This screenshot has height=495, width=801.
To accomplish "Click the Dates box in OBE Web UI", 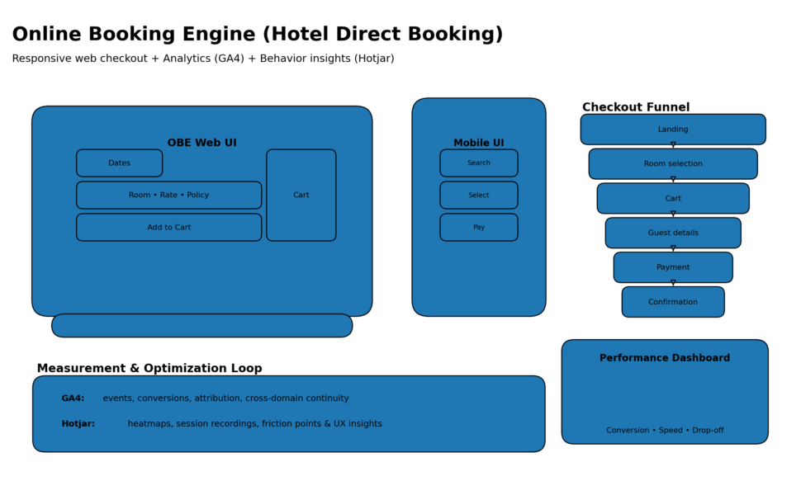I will [x=119, y=163].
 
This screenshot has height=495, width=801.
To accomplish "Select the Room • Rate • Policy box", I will [x=168, y=196].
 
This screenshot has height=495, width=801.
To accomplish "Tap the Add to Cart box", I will [x=168, y=228].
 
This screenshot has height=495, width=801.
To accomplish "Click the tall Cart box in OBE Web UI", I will [x=301, y=196].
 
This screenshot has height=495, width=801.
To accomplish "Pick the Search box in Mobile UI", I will [x=478, y=163].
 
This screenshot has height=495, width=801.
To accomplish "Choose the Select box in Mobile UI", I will [x=478, y=196].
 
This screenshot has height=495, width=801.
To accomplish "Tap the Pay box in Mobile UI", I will [x=478, y=228].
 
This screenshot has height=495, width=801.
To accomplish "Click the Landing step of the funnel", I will [x=672, y=130].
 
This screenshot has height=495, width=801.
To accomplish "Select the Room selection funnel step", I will [x=672, y=164].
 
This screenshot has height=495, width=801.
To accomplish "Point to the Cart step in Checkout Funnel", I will [x=672, y=199].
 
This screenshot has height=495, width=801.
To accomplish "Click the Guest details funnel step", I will [x=672, y=233].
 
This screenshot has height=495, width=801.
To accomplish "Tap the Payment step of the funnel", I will [x=672, y=267].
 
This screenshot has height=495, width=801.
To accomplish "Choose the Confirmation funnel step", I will [x=672, y=302].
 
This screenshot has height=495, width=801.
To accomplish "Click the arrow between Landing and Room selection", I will [x=673, y=146].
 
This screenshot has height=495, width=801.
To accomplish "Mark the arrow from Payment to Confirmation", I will [x=673, y=284].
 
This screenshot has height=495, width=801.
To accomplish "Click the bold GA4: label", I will [x=73, y=398].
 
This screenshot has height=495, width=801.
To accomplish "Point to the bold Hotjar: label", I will [x=78, y=424].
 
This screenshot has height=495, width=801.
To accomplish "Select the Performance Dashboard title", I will [x=664, y=358].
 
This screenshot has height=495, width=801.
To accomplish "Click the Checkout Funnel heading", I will [x=635, y=107].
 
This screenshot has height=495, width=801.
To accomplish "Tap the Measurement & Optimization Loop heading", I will [x=149, y=369].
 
